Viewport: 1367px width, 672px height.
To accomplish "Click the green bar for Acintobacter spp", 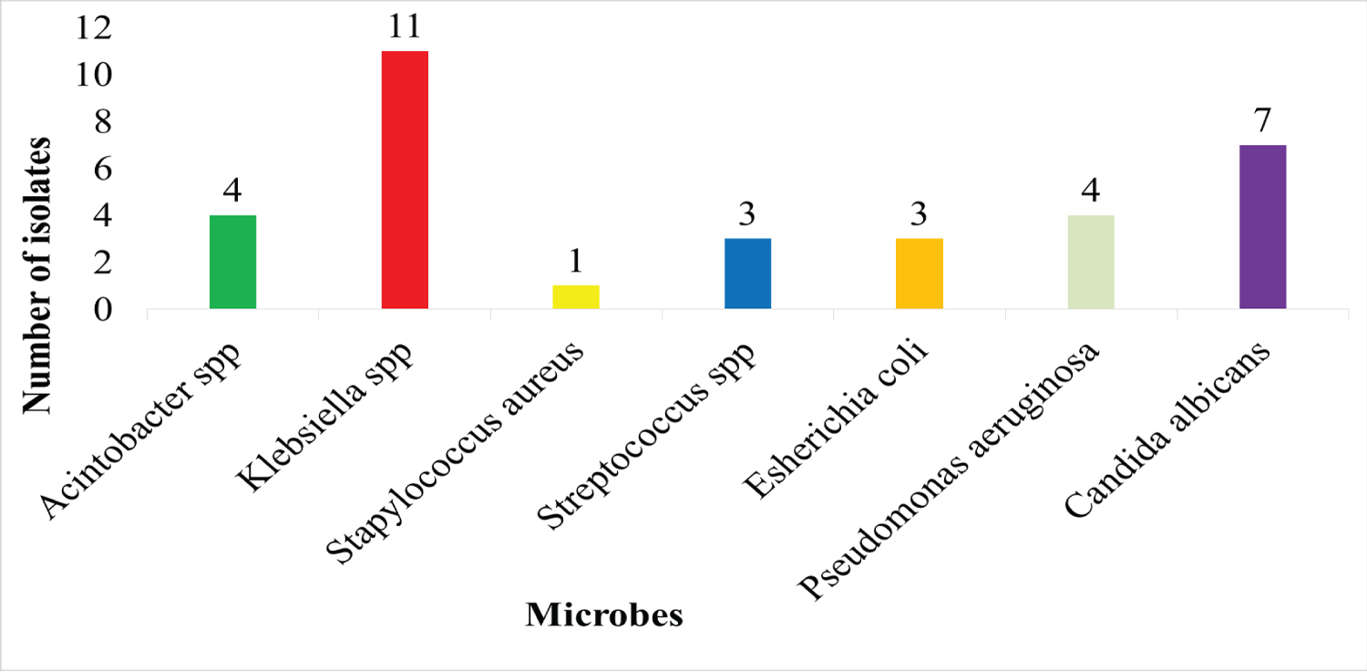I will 232,263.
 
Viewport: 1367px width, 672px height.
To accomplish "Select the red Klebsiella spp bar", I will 405,180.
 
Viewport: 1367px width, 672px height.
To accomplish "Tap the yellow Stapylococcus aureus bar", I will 576,297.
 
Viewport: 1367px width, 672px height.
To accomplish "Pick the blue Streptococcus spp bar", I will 747,274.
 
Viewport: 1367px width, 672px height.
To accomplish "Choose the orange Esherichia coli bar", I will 920,274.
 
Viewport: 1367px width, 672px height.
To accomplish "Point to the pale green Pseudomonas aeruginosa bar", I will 1091,263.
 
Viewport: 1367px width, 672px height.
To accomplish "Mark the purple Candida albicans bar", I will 1262,227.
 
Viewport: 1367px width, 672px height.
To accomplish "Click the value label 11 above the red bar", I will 404,27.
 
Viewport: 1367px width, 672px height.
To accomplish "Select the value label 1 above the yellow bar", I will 576,263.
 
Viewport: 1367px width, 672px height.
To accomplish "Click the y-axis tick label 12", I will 96,28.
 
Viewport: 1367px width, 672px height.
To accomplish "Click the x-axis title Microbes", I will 603,615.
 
